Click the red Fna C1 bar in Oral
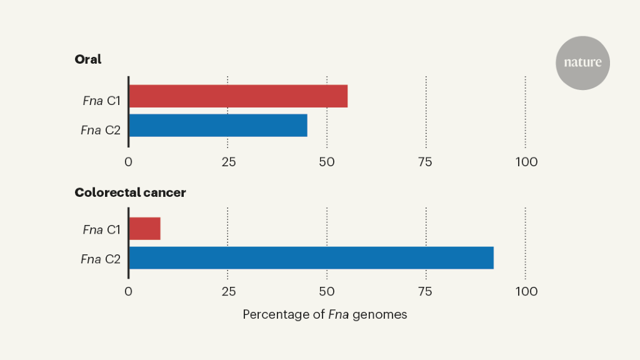[x=238, y=96]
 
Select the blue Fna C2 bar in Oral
[x=218, y=125]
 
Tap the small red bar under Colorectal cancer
[x=145, y=229]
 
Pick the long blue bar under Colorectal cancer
[x=311, y=257]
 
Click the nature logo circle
[x=582, y=62]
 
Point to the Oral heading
[x=88, y=60]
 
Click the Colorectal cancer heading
[x=130, y=192]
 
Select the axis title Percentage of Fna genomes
[x=324, y=314]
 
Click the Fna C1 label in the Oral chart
[x=101, y=101]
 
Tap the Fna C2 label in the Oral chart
[x=100, y=130]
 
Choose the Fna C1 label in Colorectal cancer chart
[x=101, y=229]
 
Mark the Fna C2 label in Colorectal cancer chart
[x=100, y=259]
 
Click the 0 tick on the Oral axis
[x=128, y=162]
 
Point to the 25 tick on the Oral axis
[x=228, y=162]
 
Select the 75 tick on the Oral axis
[x=426, y=162]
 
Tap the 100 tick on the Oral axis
[x=526, y=162]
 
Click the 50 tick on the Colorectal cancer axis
[x=327, y=291]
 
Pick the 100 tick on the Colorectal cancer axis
[x=526, y=291]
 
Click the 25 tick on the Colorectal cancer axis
[x=228, y=291]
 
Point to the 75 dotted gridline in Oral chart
[x=426, y=112]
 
